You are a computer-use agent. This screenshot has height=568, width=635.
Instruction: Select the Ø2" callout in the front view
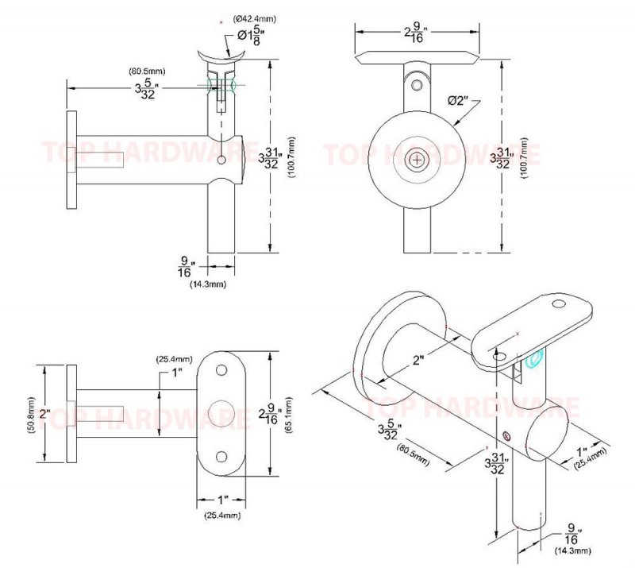click(x=459, y=101)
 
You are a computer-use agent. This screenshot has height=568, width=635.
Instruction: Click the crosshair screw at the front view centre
click(x=416, y=160)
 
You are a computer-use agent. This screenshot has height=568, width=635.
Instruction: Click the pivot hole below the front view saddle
click(x=416, y=83)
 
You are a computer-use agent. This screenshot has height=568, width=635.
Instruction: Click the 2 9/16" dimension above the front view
click(x=416, y=33)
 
